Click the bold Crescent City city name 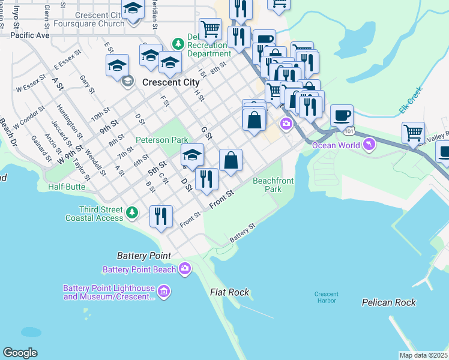171,82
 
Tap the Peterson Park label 161,140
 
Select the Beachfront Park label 267,184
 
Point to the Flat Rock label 229,292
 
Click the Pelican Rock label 389,302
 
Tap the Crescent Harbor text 327,297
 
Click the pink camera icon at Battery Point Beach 185,268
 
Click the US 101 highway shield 348,130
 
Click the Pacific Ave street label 29,35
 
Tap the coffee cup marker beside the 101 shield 342,115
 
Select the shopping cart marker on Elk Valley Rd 414,133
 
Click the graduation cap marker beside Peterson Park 192,155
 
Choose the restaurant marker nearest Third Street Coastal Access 161,215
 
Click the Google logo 20,353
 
